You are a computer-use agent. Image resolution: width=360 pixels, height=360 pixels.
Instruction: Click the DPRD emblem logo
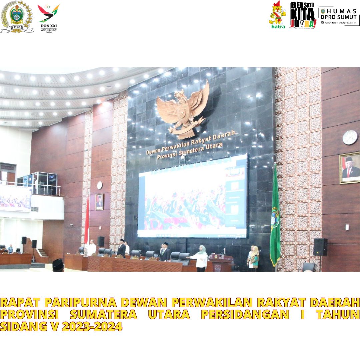tap(17, 17)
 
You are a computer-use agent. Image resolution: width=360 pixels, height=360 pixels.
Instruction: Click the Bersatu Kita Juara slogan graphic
tap(303, 15)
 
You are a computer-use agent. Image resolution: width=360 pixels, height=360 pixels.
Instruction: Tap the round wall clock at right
tap(350, 137)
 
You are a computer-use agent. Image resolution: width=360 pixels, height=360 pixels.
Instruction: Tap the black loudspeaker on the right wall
tap(320, 247)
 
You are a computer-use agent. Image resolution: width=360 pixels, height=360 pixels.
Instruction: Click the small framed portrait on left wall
tap(99, 202)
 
